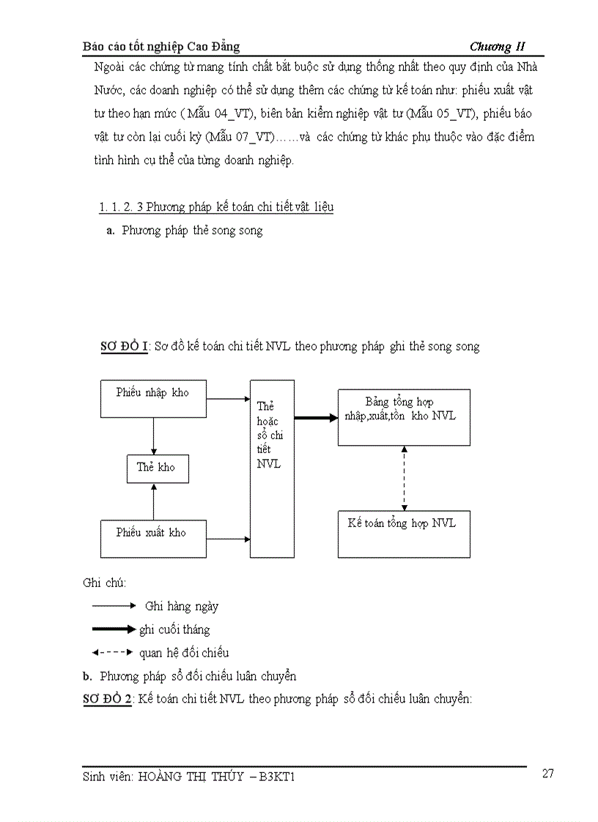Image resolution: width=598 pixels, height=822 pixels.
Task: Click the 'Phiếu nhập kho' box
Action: click(x=152, y=399)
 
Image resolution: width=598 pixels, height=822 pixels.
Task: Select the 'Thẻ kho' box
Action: click(x=156, y=467)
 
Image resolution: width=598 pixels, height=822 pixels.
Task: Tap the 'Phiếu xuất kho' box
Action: click(x=152, y=538)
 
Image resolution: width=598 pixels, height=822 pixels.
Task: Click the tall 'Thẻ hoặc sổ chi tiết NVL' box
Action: click(x=272, y=468)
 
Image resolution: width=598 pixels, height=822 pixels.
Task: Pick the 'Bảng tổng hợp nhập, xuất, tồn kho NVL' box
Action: click(x=404, y=417)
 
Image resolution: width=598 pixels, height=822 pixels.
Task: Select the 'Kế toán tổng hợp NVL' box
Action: click(x=404, y=534)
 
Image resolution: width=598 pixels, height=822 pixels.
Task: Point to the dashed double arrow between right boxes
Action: click(x=404, y=478)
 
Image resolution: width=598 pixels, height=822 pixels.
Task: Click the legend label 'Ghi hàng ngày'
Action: click(x=181, y=606)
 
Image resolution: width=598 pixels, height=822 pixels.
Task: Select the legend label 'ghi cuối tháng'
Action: click(x=174, y=629)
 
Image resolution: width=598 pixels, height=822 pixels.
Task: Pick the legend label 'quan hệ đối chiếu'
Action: click(x=184, y=652)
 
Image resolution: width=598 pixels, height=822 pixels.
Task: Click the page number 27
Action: click(x=547, y=774)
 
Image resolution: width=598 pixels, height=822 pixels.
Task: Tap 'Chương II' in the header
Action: click(x=498, y=47)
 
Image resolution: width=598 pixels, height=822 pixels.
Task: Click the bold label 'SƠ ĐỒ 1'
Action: click(x=125, y=346)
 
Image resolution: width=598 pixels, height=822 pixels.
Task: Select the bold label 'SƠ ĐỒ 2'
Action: click(x=107, y=699)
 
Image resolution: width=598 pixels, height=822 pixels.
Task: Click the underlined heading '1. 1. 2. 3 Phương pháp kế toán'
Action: click(x=216, y=207)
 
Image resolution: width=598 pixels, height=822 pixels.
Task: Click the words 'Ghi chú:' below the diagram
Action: click(x=105, y=583)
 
